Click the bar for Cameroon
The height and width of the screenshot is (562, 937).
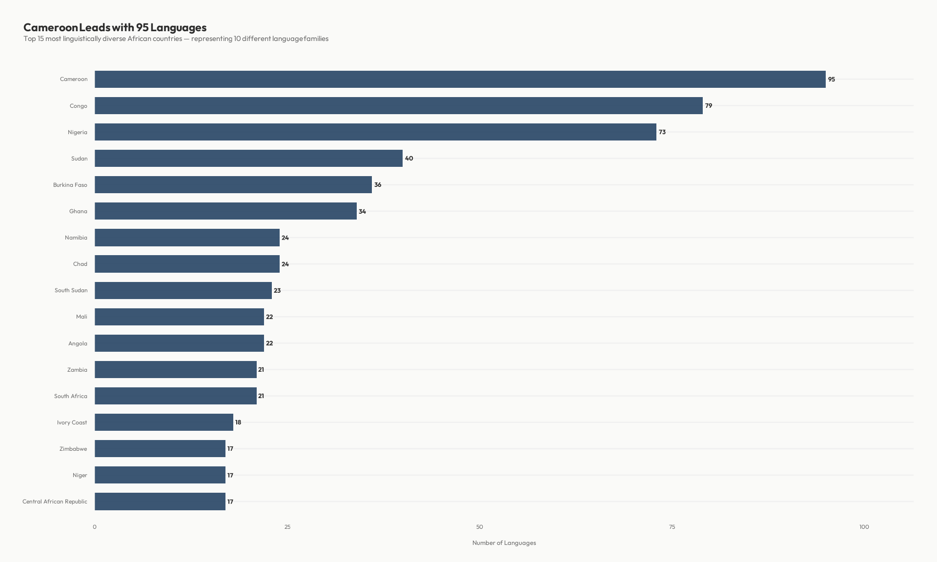[x=460, y=79]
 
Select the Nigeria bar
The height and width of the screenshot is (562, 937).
[x=375, y=132]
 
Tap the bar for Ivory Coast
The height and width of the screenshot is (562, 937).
[x=164, y=422]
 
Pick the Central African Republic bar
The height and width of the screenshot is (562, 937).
[x=160, y=501]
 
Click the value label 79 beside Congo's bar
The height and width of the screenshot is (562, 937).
[x=709, y=105]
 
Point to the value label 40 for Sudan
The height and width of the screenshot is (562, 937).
[x=409, y=158]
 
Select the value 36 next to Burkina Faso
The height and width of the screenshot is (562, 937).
[x=378, y=184]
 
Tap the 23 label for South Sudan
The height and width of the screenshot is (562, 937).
[x=277, y=290]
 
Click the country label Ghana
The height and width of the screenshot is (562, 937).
[x=78, y=211]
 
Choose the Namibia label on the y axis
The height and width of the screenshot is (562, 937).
[x=76, y=238]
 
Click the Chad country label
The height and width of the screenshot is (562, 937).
[x=80, y=264]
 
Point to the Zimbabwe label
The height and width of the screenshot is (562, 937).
[x=73, y=449]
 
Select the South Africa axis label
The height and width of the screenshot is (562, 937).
[x=71, y=396]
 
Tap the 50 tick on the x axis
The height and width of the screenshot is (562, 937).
[x=479, y=527]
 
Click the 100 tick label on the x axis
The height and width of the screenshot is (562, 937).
[x=864, y=527]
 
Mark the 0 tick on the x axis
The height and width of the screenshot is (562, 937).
[x=95, y=527]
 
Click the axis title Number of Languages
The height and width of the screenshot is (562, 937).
[x=504, y=542]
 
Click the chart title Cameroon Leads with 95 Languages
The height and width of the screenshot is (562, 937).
[x=115, y=27]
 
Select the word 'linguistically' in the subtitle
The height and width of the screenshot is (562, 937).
[x=81, y=39]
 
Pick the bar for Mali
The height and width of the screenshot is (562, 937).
[x=179, y=317]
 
